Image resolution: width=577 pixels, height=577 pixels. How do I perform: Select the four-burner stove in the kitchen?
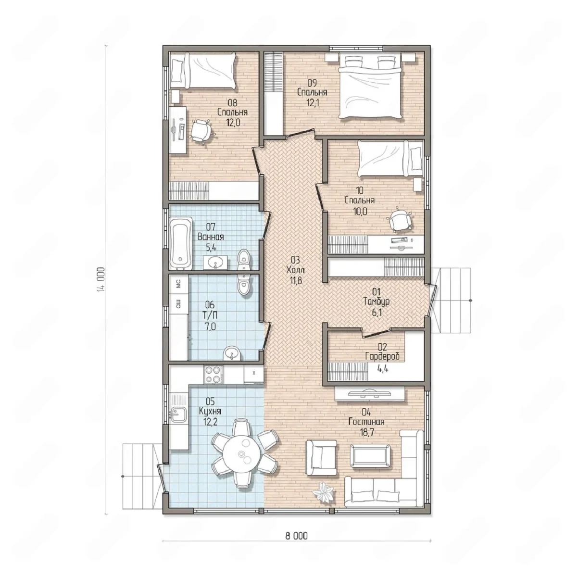point(213,375)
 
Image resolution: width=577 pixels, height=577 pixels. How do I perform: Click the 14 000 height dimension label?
point(102,279)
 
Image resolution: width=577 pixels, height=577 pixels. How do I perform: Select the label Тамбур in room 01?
point(376,301)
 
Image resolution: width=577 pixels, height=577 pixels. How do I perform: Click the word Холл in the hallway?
point(296,270)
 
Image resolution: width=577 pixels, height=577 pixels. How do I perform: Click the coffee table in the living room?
point(371,456)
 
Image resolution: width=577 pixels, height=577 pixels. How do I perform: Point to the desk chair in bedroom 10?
point(400,220)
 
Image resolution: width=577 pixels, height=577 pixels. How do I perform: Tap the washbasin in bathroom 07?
point(215,263)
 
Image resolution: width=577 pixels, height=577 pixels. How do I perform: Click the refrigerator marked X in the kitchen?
point(253,374)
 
